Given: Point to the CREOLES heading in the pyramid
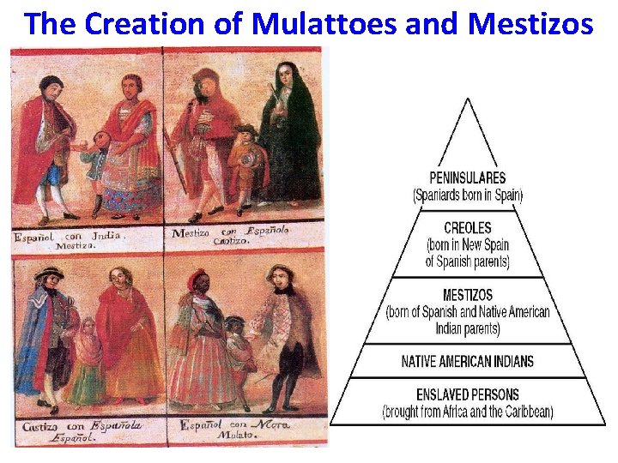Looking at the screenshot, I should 468,227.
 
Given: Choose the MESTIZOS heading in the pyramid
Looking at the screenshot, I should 468,295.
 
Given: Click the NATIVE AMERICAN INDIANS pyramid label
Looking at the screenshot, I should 468,361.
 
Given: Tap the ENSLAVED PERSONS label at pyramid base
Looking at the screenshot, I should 468,395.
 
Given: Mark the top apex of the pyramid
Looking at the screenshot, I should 467,100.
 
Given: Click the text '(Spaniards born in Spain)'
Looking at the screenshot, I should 468,195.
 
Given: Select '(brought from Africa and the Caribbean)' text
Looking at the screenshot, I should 468,412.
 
